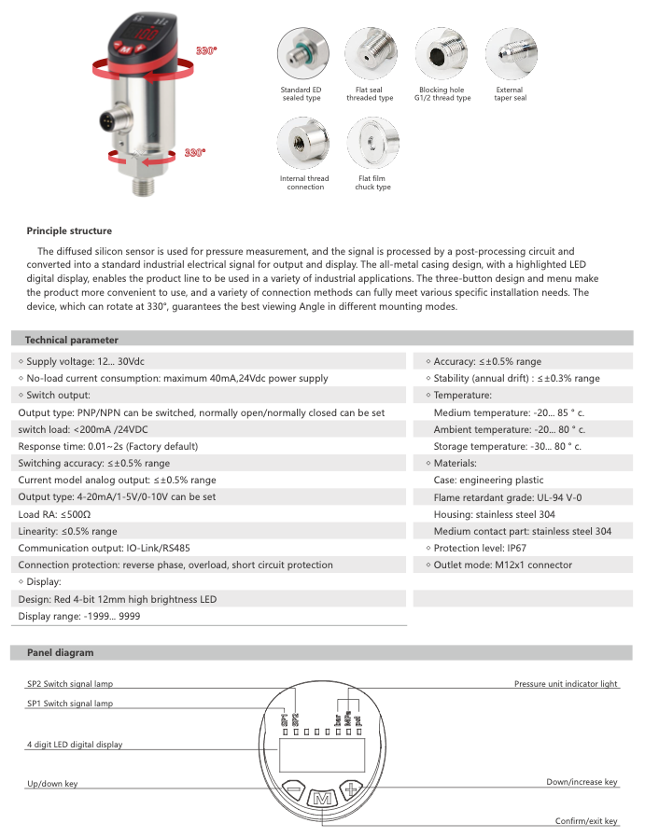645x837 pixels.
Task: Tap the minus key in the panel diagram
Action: pos(292,788)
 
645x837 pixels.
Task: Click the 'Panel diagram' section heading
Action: pos(59,652)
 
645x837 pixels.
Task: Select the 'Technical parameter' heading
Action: pos(71,340)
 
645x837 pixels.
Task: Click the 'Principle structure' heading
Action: pos(69,230)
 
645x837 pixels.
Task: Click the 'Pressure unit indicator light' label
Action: pos(566,684)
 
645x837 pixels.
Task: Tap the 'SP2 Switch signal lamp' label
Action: pos(69,684)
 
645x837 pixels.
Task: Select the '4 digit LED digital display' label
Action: pos(74,745)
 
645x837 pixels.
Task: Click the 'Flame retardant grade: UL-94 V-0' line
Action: pos(508,497)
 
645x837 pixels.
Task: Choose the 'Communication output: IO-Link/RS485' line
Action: pos(110,548)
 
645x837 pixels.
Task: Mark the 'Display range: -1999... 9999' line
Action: pos(79,616)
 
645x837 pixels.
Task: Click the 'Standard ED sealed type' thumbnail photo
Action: pos(301,53)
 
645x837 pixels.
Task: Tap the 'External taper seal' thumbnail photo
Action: pos(510,53)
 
